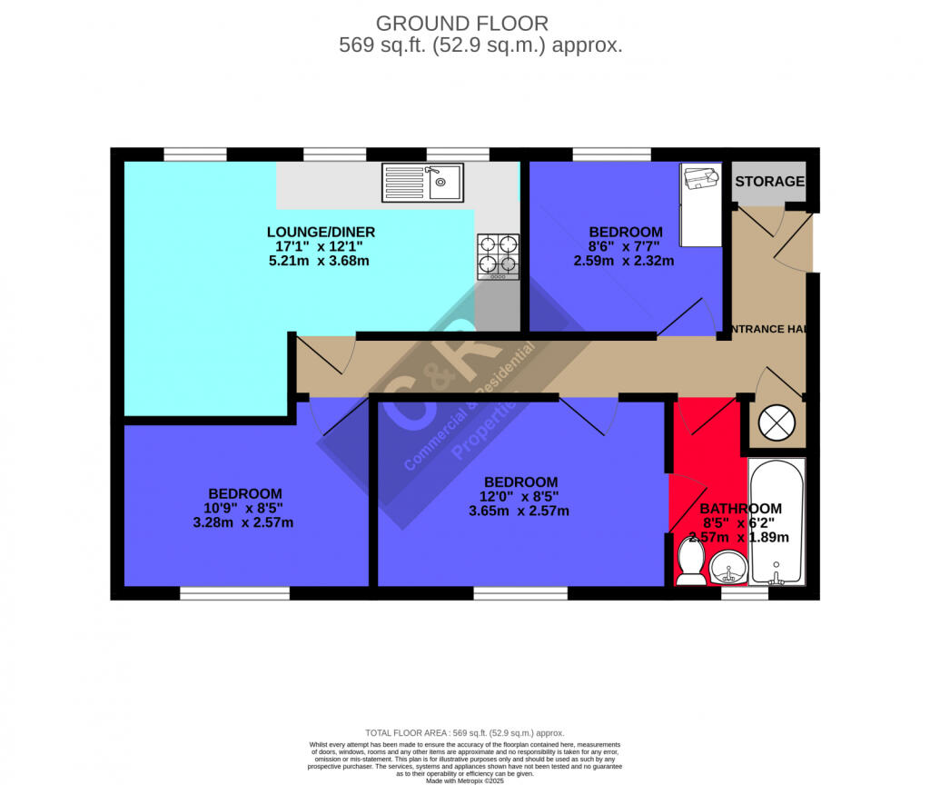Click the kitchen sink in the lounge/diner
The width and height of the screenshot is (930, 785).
click(422, 182)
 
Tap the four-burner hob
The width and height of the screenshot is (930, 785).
click(499, 255)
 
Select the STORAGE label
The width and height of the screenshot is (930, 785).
click(769, 182)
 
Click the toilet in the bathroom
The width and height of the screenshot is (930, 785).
click(690, 562)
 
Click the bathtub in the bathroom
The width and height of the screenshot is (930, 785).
click(777, 522)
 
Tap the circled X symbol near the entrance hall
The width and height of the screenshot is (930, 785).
click(777, 423)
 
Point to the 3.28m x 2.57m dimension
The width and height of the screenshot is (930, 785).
click(243, 522)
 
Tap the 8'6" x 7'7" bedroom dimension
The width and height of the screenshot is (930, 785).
click(625, 246)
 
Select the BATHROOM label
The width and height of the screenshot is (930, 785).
click(740, 509)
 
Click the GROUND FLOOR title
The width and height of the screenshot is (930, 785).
click(462, 24)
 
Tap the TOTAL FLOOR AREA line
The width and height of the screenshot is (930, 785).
click(464, 733)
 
